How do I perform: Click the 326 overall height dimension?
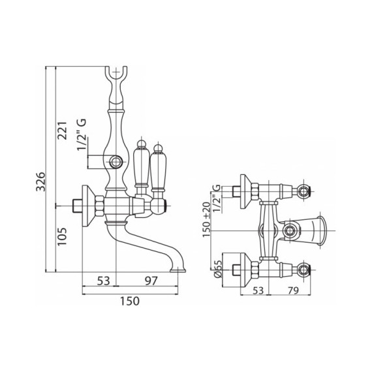(40, 181)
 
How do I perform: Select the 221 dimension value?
(63, 131)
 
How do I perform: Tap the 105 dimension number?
(63, 237)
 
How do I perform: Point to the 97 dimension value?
(151, 281)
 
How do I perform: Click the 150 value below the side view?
(129, 301)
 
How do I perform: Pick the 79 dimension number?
(293, 290)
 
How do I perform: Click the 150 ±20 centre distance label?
(206, 219)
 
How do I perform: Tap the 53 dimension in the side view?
(103, 281)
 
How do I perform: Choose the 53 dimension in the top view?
(258, 290)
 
